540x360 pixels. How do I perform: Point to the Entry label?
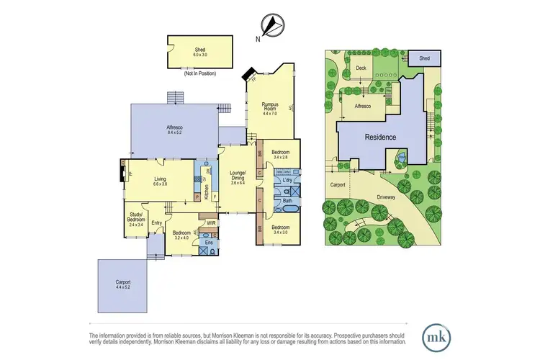(x=157, y=222)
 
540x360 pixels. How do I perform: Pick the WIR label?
(x=211, y=222)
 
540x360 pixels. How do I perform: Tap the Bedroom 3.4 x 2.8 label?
(x=280, y=155)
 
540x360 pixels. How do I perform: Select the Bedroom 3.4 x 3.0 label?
(x=280, y=230)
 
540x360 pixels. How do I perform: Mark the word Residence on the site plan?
(x=380, y=136)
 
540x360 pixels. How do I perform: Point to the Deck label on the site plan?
(x=361, y=68)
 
